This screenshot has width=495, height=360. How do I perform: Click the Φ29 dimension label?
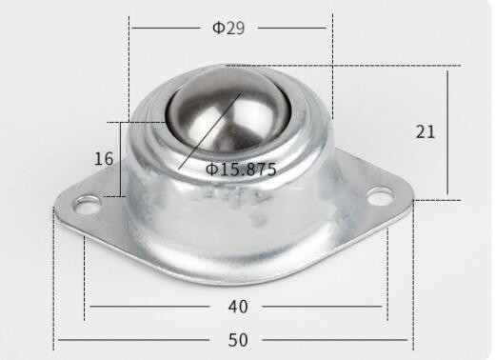[x=228, y=28]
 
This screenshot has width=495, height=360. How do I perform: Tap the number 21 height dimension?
[x=426, y=131]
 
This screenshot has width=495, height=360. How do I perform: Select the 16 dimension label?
[x=104, y=158]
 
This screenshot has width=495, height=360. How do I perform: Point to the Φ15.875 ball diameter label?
[x=241, y=170]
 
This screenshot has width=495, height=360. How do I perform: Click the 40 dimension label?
[x=238, y=307]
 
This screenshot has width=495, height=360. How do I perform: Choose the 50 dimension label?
[x=238, y=340]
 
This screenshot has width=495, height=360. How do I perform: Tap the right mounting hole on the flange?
[x=380, y=196]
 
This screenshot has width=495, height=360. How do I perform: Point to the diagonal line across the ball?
[x=210, y=130]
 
